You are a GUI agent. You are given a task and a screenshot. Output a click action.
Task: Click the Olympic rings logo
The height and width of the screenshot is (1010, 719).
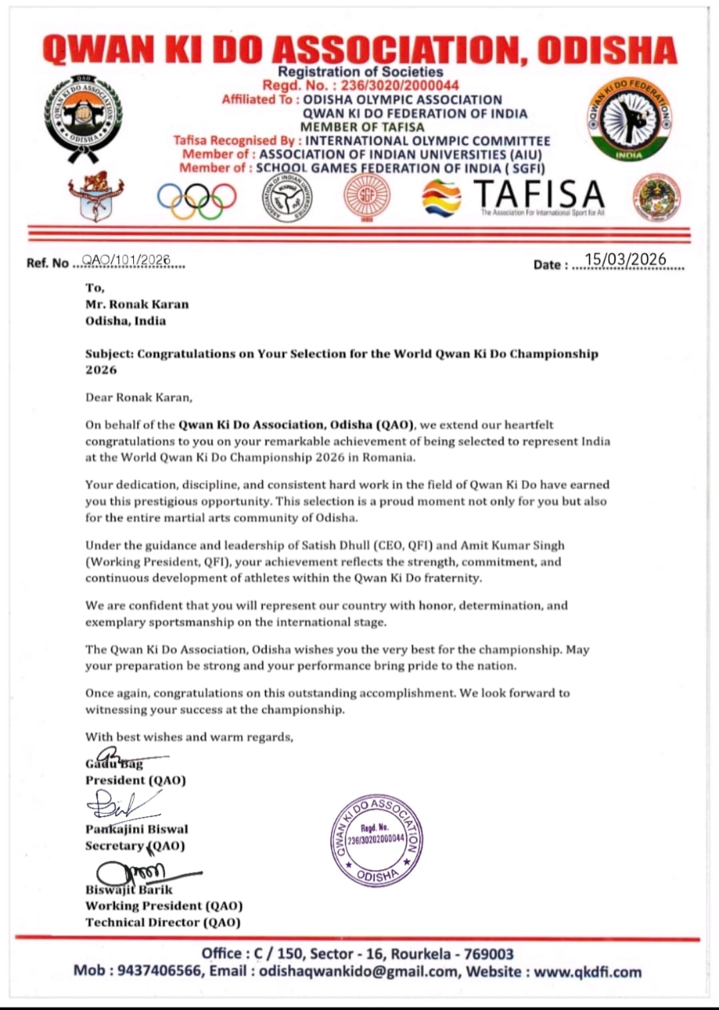pyautogui.click(x=197, y=199)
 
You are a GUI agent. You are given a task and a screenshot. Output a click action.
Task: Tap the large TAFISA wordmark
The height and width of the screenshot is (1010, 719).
pyautogui.click(x=539, y=194)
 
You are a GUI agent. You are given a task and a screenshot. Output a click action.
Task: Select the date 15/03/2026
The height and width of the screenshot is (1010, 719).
pyautogui.click(x=625, y=260)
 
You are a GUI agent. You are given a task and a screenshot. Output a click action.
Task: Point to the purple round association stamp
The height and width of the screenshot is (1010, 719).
pyautogui.click(x=377, y=840)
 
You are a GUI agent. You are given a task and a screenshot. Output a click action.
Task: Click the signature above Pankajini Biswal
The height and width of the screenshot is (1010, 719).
pyautogui.click(x=120, y=805)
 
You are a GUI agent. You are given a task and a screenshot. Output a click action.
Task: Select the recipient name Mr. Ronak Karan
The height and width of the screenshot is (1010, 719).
pyautogui.click(x=137, y=304)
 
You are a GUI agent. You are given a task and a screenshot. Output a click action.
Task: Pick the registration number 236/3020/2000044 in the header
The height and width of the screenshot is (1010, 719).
pyautogui.click(x=399, y=85)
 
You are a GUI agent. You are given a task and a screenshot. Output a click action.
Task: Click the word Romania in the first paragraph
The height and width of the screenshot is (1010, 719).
pyautogui.click(x=389, y=458)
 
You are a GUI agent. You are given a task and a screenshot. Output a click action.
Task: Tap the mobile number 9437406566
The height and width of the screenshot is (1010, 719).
pyautogui.click(x=160, y=971)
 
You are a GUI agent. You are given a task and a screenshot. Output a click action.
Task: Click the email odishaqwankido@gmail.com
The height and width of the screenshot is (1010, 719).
pyautogui.click(x=359, y=971)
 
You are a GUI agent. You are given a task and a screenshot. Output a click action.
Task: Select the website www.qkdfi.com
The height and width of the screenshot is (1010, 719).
pyautogui.click(x=588, y=971)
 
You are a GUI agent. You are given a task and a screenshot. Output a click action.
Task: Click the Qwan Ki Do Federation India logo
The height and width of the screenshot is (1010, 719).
pyautogui.click(x=629, y=120)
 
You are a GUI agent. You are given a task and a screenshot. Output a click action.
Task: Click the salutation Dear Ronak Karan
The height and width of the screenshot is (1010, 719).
pyautogui.click(x=138, y=398)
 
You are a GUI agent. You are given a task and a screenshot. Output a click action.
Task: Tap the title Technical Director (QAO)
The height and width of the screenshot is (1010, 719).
pyautogui.click(x=163, y=922)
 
